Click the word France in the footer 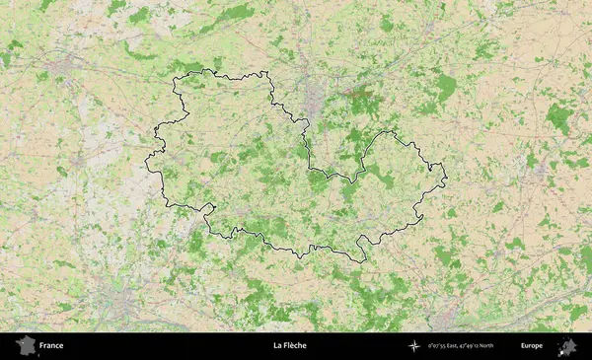tap(51, 346)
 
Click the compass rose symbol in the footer tap(414, 346)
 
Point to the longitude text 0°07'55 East tap(447, 346)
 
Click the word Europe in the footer tap(532, 346)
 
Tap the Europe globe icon tap(567, 346)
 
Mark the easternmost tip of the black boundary tap(446, 179)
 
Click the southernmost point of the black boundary tap(362, 262)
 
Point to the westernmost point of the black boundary tap(146, 160)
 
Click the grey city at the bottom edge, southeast tap(446, 318)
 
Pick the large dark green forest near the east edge tap(559, 117)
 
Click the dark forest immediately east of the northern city tap(362, 98)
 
